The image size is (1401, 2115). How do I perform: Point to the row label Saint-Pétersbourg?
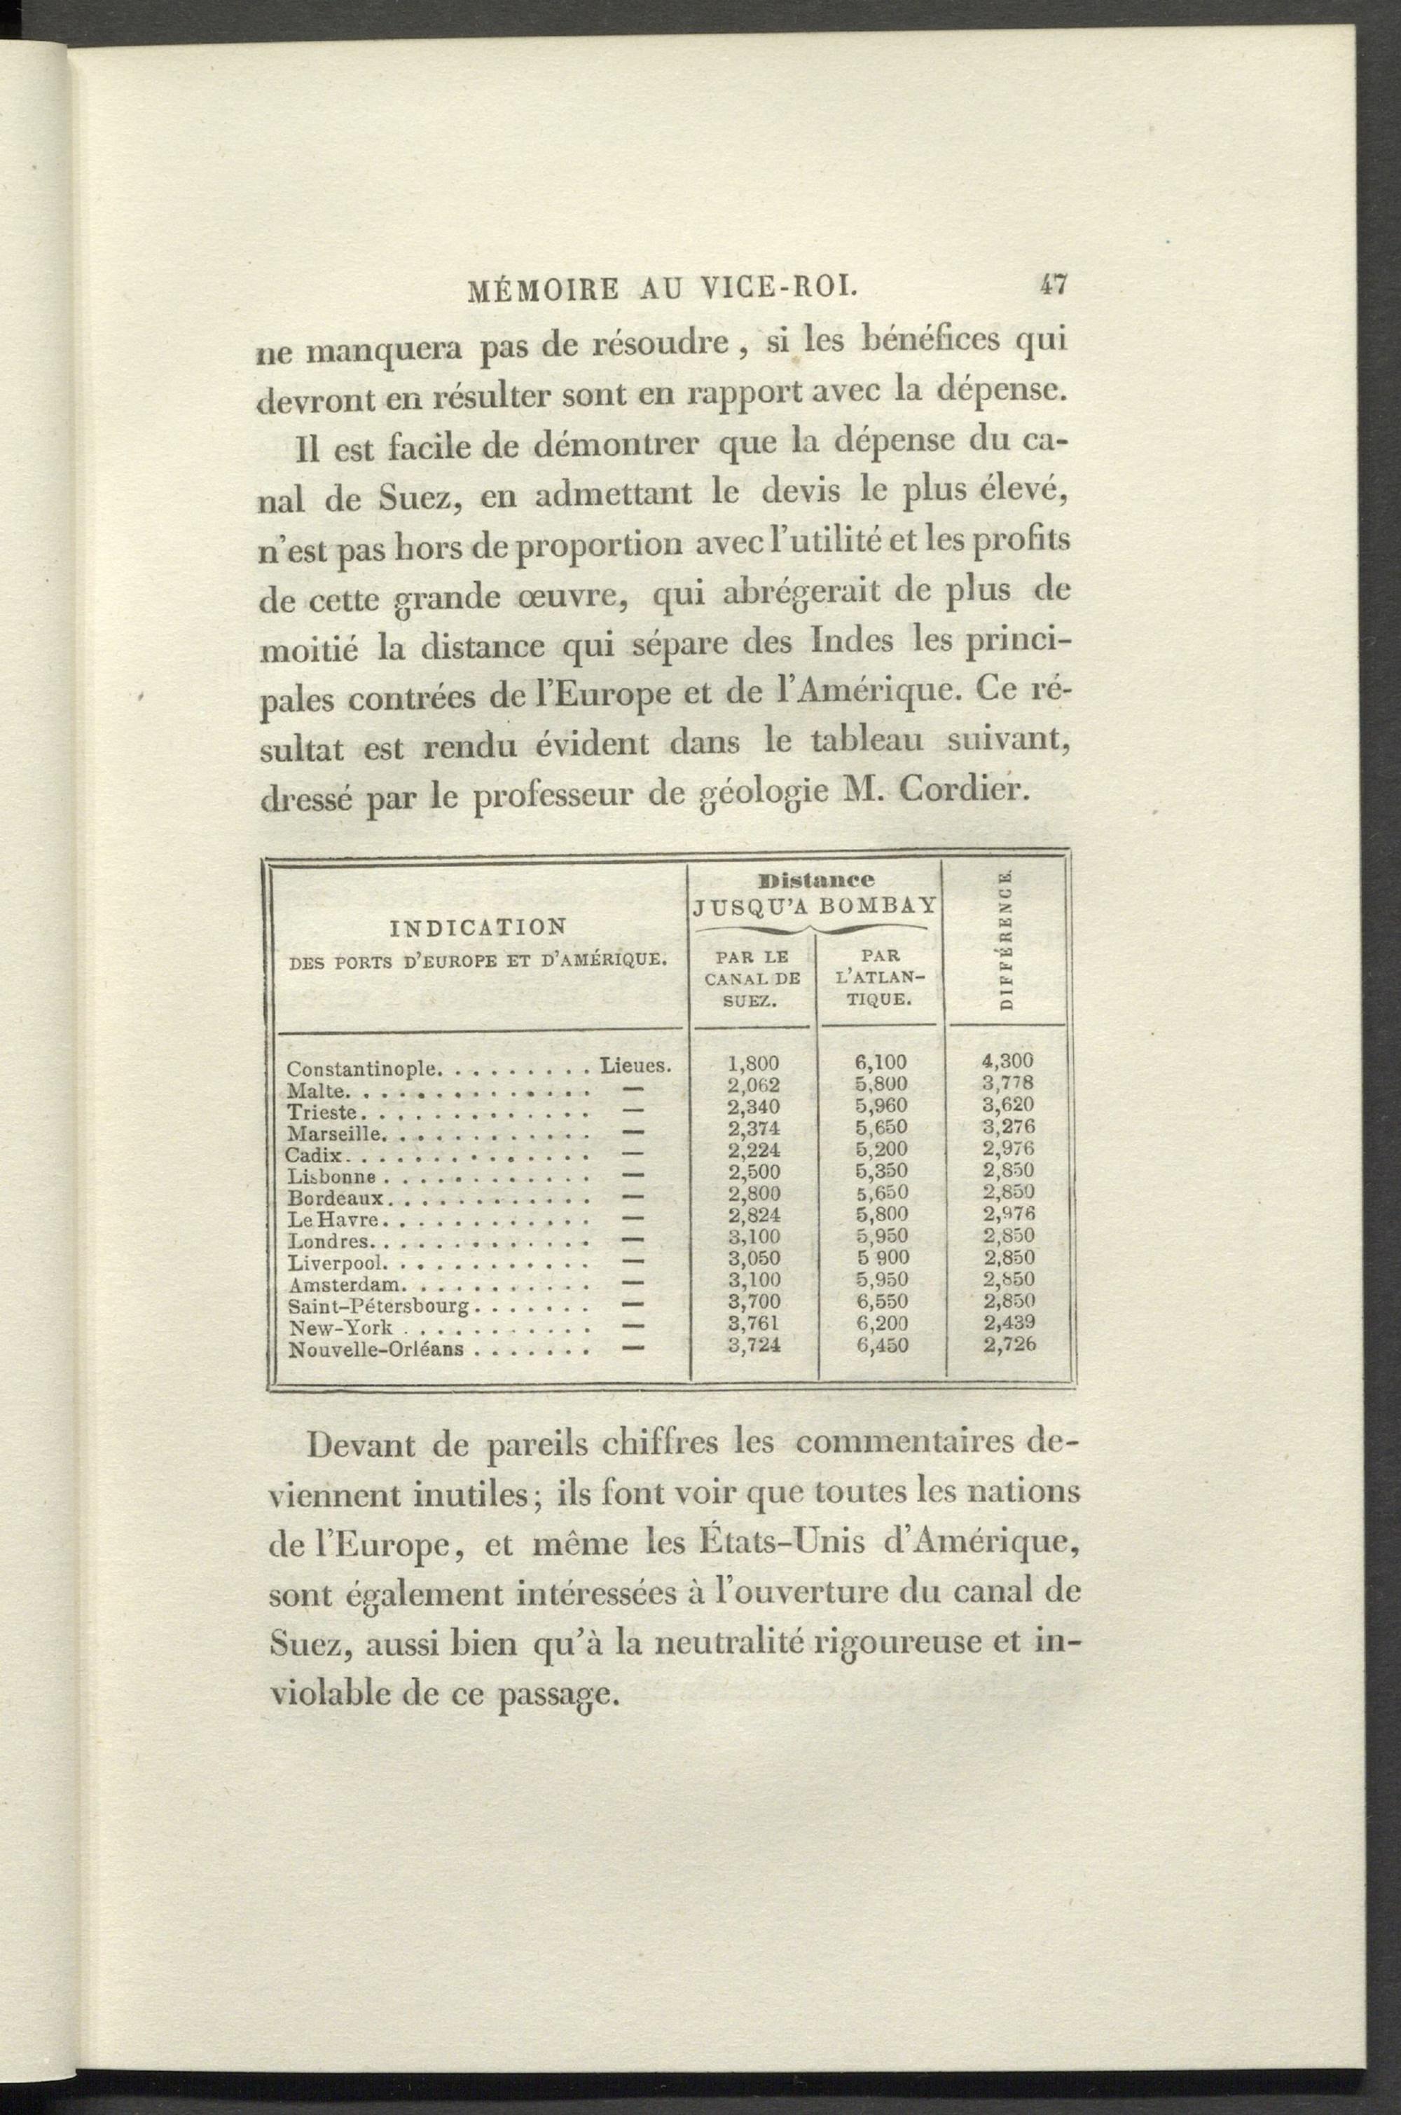379,1307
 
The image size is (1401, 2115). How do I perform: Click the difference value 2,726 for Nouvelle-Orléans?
1009,1345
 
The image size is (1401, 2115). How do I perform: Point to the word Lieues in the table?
635,1066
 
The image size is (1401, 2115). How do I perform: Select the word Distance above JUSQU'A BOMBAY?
814,880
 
